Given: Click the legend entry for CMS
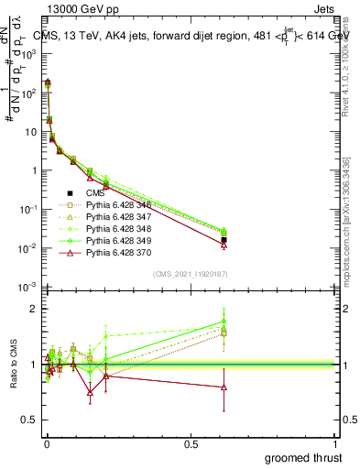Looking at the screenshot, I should [x=96, y=193].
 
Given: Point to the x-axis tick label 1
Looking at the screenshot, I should [x=337, y=442].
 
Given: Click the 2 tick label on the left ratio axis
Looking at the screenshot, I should [x=34, y=309].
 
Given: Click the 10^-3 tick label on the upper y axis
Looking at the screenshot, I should [x=27, y=288].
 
